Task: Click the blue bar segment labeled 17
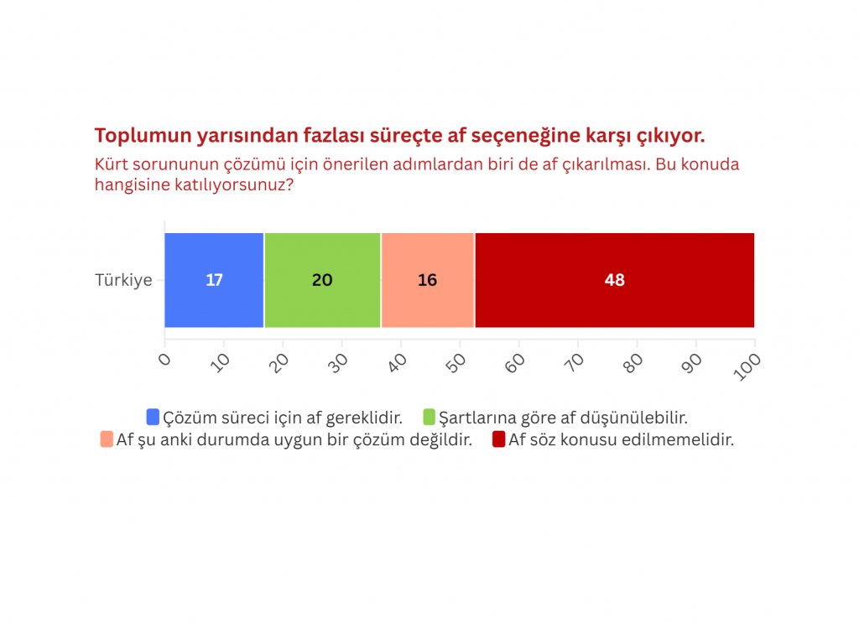(x=214, y=280)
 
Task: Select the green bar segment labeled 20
(x=323, y=280)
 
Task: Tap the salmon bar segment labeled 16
(x=428, y=280)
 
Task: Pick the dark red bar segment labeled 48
(x=615, y=280)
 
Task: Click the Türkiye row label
(x=124, y=280)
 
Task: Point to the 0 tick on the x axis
(x=164, y=360)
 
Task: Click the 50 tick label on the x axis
(x=456, y=363)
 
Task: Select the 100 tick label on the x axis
(x=747, y=366)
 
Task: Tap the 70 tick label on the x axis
(x=574, y=363)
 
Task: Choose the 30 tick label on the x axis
(x=337, y=363)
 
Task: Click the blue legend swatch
(x=153, y=418)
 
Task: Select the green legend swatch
(x=429, y=418)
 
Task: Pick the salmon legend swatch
(x=107, y=439)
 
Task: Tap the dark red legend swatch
(x=498, y=439)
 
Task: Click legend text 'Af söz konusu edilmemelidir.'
(x=622, y=439)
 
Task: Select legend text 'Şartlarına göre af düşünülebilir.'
(x=563, y=418)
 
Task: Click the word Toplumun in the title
(x=143, y=136)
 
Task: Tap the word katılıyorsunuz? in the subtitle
(x=235, y=185)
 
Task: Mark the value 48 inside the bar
(x=615, y=280)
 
